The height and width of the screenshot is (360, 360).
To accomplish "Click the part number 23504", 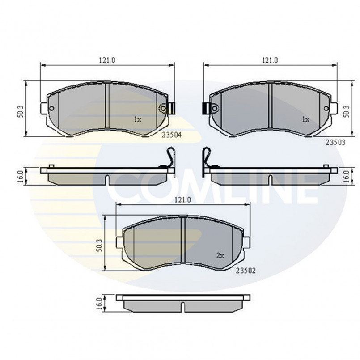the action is click(x=172, y=135).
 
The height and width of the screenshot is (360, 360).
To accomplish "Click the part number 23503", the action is click(x=335, y=143).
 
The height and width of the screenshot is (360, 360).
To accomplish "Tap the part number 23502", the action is click(x=246, y=271).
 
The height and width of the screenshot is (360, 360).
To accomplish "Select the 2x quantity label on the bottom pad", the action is click(x=220, y=255).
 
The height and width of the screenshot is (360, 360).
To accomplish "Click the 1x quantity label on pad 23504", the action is click(x=138, y=119).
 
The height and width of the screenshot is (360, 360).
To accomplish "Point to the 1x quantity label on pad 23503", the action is click(x=305, y=119).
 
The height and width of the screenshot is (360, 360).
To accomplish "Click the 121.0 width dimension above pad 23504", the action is click(x=107, y=60).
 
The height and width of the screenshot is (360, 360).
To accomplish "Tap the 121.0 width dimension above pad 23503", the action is click(x=270, y=60).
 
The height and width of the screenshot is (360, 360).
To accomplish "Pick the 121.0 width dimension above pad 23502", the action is click(x=183, y=200).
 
